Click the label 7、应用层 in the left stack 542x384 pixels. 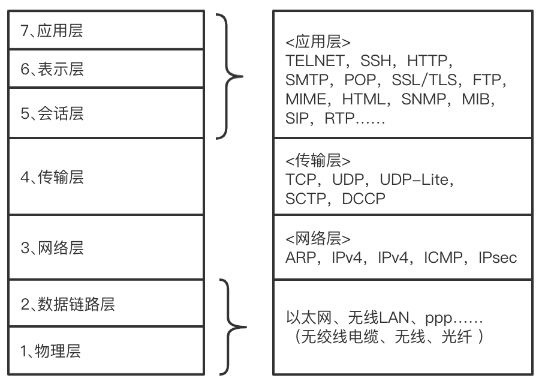52,31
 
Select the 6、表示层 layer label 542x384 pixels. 52,69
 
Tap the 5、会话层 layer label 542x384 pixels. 52,113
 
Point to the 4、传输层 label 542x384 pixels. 52,177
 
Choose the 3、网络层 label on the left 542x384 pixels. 52,248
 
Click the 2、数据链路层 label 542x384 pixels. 67,304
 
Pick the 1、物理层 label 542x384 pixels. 52,351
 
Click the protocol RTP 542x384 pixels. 340,118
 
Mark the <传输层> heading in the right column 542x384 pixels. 318,160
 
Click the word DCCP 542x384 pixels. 364,199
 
